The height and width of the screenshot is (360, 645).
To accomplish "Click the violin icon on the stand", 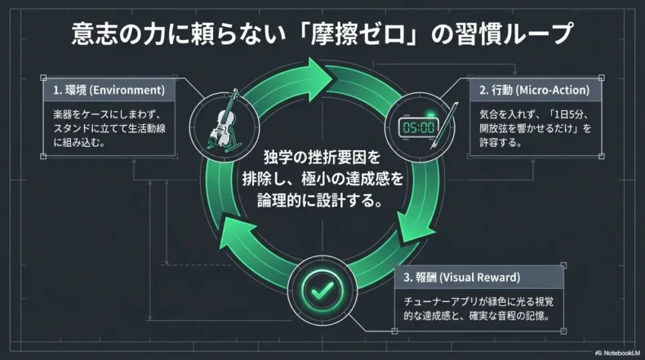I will (x=221, y=126).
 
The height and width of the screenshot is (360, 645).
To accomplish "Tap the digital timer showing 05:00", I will (x=417, y=127).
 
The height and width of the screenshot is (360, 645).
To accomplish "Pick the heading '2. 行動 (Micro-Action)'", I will (x=535, y=90).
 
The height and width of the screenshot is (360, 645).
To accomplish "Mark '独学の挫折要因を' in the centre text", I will (x=322, y=157).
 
